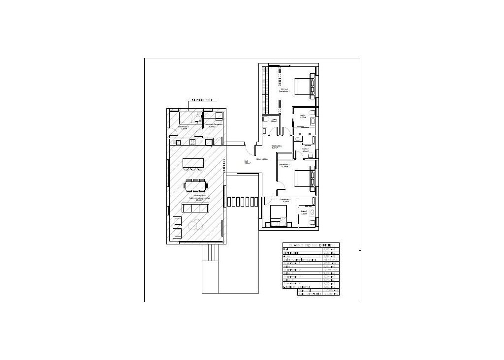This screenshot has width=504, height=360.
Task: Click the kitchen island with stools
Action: point(193,163)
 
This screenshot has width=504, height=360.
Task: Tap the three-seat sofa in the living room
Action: point(195,208)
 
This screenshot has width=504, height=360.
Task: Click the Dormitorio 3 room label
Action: point(285,199)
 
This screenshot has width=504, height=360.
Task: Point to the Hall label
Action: point(246,162)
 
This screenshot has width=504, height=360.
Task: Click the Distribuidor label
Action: point(277,146)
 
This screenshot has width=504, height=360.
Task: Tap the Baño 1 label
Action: point(303,116)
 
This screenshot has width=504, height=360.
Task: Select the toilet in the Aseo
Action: point(265,120)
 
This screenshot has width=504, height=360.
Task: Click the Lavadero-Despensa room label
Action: point(214,124)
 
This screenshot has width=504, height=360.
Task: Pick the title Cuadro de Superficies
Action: point(311,245)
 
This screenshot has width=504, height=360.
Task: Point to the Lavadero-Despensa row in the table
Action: point(299,287)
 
